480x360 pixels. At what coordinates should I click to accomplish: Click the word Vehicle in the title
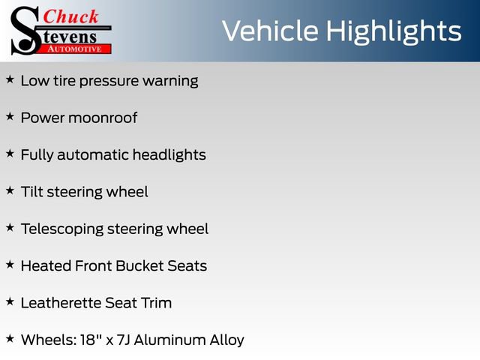pyautogui.click(x=270, y=31)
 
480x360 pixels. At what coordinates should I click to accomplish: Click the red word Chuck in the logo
pyautogui.click(x=70, y=16)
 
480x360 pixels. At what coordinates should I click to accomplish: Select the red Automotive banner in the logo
pyautogui.click(x=75, y=49)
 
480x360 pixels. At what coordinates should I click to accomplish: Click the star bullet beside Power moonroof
pyautogui.click(x=10, y=116)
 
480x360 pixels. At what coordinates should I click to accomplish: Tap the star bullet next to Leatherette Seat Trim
pyautogui.click(x=10, y=301)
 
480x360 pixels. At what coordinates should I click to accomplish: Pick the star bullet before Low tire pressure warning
pyautogui.click(x=10, y=79)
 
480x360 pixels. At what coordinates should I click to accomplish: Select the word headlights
pyautogui.click(x=169, y=155)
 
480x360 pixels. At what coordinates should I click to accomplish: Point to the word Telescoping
pyautogui.click(x=62, y=229)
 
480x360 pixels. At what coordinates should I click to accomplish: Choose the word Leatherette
pyautogui.click(x=61, y=303)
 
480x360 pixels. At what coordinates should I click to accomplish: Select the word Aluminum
pyautogui.click(x=169, y=340)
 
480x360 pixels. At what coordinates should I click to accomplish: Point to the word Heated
pyautogui.click(x=46, y=266)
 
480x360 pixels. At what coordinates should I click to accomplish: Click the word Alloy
pyautogui.click(x=226, y=340)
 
